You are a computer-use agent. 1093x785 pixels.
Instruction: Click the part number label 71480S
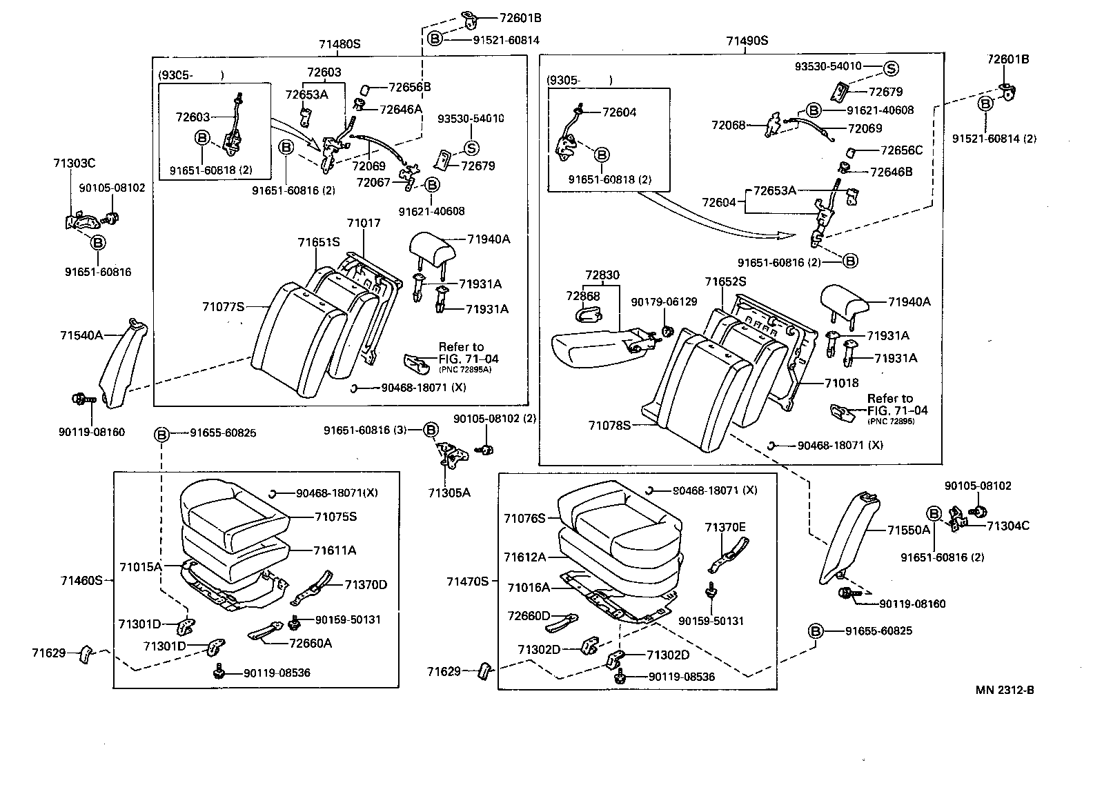(x=339, y=44)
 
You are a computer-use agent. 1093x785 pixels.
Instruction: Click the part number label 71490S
(x=747, y=41)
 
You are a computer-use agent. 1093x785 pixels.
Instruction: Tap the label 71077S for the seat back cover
(x=224, y=306)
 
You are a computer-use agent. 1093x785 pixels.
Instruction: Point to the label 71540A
(x=81, y=335)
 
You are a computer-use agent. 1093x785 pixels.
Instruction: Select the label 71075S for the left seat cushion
(x=336, y=517)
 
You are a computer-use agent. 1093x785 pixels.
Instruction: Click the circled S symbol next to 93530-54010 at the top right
(x=891, y=68)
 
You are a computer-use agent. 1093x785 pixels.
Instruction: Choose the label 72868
(x=584, y=296)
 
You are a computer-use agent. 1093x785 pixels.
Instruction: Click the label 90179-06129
(x=664, y=302)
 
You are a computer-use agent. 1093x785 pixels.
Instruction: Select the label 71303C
(x=74, y=163)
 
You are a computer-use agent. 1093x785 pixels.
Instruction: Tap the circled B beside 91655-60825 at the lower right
(x=816, y=631)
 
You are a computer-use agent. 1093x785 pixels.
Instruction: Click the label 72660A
(x=311, y=643)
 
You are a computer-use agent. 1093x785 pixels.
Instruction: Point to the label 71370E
(x=725, y=527)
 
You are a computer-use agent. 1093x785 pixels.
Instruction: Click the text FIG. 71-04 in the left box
(x=469, y=359)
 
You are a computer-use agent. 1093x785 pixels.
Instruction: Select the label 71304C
(x=1008, y=526)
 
